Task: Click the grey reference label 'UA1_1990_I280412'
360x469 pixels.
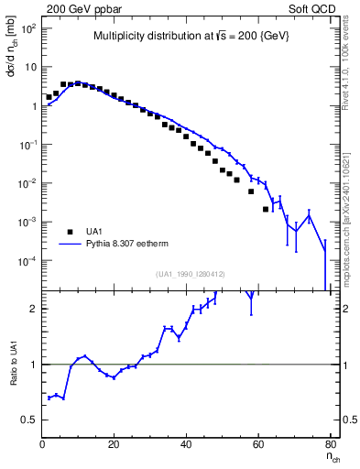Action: pos(190,274)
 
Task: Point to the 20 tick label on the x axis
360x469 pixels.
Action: pos(114,446)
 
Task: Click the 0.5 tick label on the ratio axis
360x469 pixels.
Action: pos(29,420)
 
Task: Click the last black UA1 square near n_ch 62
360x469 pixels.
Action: pos(266,209)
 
